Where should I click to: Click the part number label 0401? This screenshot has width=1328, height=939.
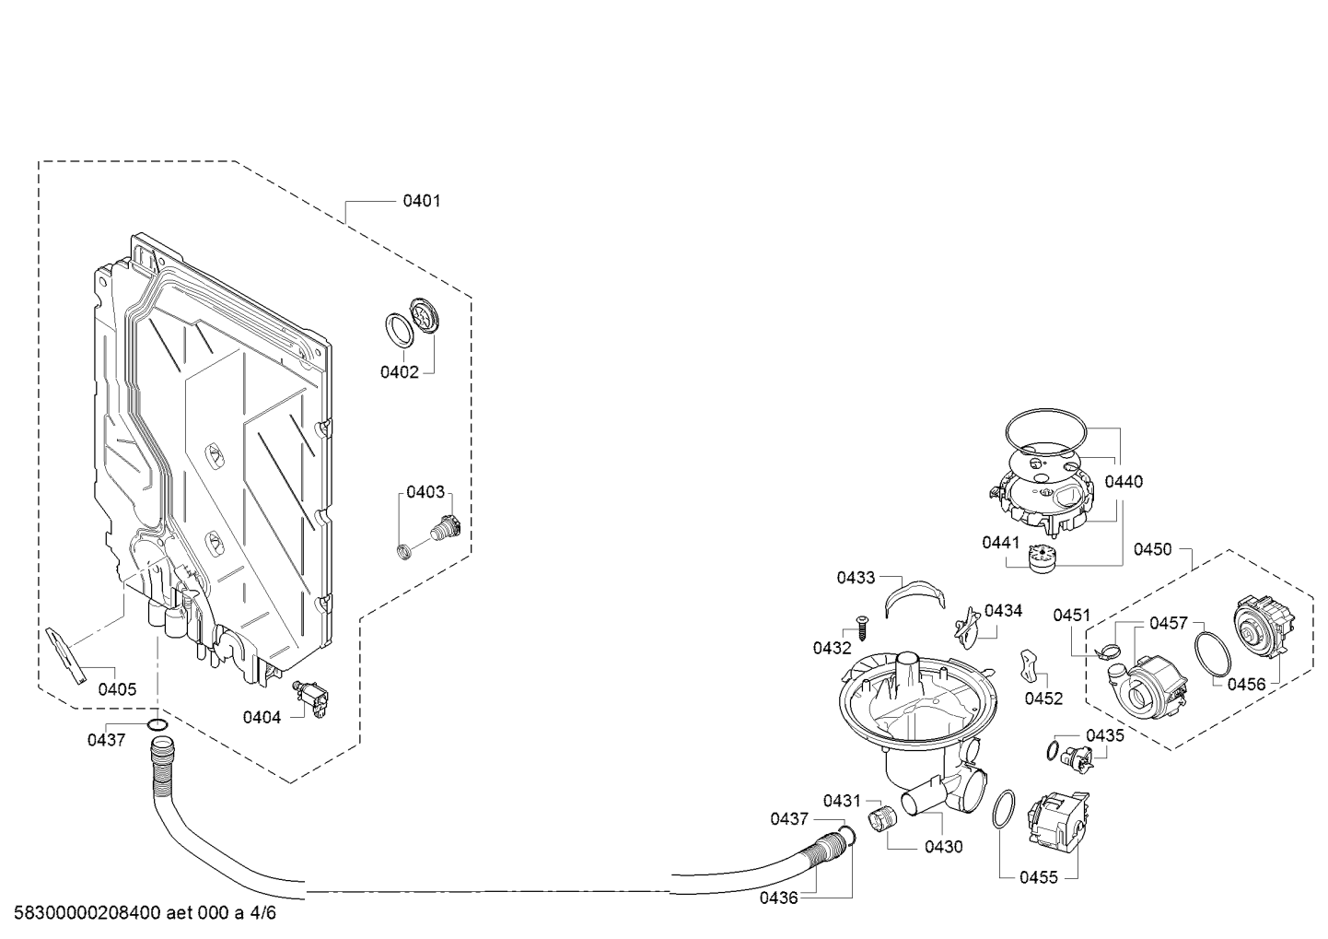(422, 201)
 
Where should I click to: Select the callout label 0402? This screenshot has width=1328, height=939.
(399, 372)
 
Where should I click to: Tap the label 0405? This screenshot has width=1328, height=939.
(117, 689)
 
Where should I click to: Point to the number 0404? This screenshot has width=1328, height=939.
(262, 717)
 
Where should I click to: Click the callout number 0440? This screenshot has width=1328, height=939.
(1124, 482)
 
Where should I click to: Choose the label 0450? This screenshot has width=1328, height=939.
(1152, 550)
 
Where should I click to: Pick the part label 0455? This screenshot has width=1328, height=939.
(1039, 877)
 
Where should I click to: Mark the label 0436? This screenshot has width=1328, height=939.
(778, 898)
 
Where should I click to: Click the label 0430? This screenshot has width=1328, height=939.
(943, 847)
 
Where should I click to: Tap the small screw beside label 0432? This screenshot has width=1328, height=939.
(861, 627)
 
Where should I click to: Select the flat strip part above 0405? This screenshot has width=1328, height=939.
(65, 655)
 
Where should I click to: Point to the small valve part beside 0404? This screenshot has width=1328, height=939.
(311, 698)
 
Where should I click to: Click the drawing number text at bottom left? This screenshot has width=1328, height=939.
(145, 912)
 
